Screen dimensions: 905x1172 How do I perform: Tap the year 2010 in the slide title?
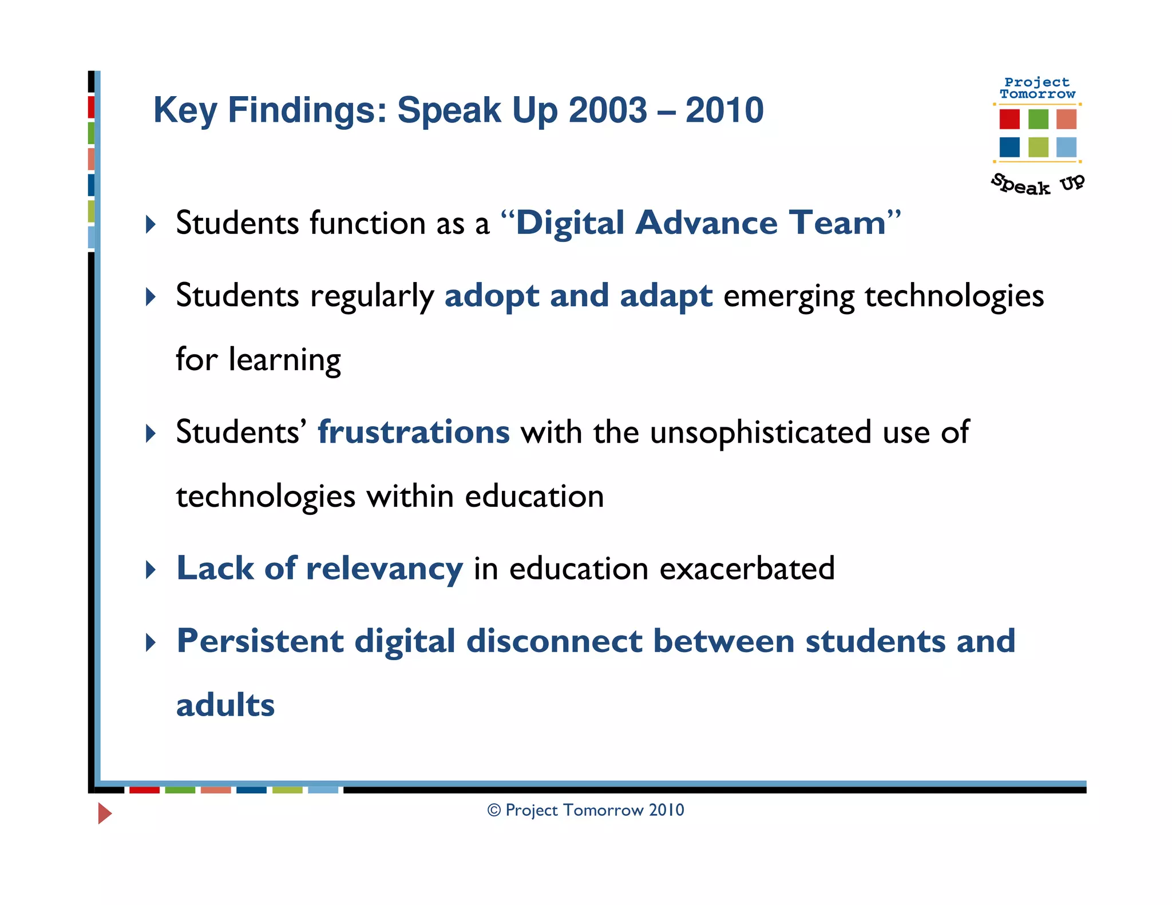724,110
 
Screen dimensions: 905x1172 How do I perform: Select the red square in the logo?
1009,119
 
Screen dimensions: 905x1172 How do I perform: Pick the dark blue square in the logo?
1009,147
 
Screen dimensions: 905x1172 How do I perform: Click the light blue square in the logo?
1066,147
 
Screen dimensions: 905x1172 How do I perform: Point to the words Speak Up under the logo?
1037,184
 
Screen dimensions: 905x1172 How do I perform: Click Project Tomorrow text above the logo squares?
1037,88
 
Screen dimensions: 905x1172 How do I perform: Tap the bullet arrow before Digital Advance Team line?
151,224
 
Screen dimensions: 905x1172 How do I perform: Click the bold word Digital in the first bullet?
569,223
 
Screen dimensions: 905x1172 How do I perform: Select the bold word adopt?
492,296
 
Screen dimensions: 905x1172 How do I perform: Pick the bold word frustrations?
413,432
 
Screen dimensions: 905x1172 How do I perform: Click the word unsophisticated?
761,432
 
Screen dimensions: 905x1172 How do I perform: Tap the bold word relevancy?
384,569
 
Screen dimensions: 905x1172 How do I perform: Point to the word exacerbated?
747,569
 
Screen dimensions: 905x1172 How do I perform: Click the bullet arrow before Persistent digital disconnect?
151,642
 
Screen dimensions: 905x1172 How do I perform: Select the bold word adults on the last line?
225,705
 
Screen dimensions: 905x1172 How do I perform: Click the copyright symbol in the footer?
494,810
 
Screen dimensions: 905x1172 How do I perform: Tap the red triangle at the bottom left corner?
104,813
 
